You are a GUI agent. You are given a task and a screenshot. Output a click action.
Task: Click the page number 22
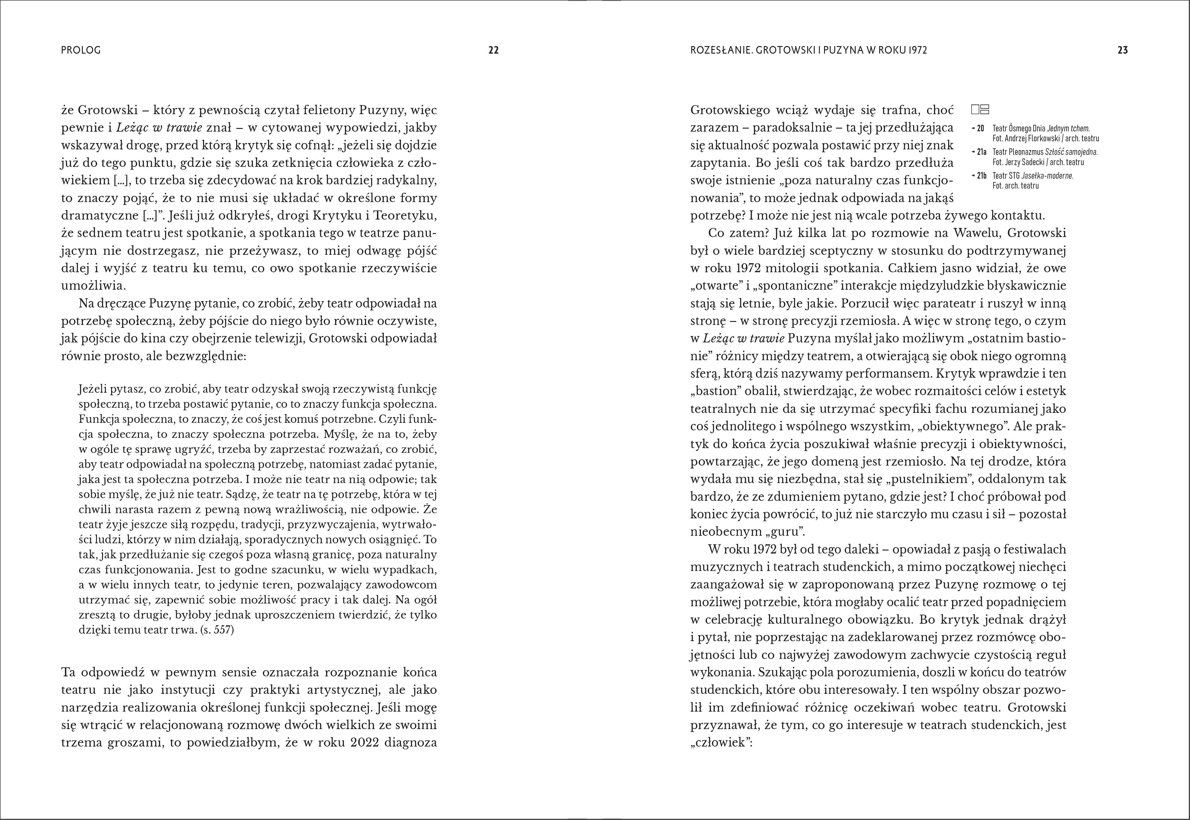pyautogui.click(x=493, y=50)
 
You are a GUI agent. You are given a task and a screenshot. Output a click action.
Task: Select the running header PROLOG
pyautogui.click(x=81, y=50)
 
